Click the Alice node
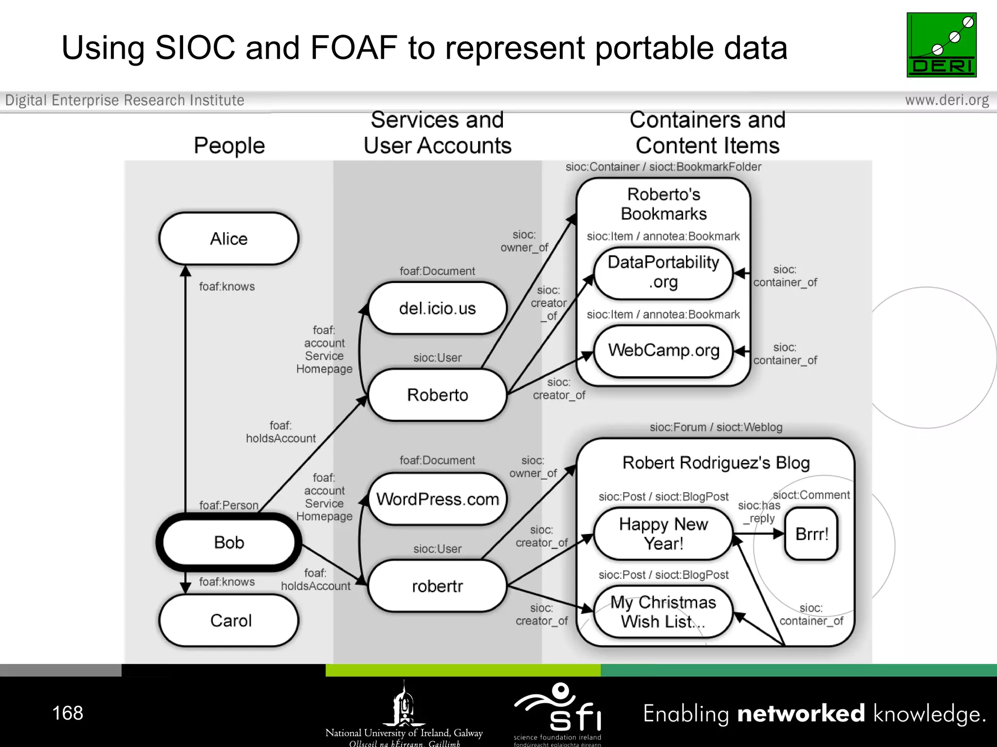point(229,239)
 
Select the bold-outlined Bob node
point(229,542)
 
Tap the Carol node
point(229,621)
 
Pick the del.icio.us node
point(437,308)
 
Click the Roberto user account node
point(437,395)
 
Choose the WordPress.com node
point(437,499)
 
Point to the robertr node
point(437,586)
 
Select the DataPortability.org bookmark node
point(664,272)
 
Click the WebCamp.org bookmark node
point(664,351)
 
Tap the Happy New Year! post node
point(664,534)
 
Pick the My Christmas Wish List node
point(664,612)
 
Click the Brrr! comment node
point(812,534)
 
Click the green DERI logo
point(941,45)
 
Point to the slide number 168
point(68,713)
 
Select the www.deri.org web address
point(947,100)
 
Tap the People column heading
point(229,145)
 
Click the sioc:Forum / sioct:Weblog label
point(716,427)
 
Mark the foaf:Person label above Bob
point(229,505)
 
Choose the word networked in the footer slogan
point(801,713)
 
